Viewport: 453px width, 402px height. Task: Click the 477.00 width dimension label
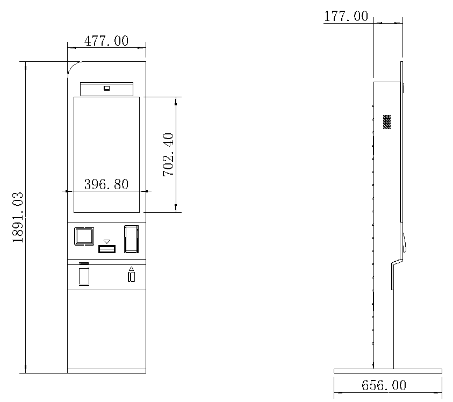coord(106,41)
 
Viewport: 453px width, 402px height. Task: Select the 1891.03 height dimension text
coord(18,217)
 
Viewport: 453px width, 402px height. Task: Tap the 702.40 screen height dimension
coord(168,155)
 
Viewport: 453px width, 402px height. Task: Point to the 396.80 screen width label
coord(106,184)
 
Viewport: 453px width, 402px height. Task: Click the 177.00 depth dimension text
coord(346,16)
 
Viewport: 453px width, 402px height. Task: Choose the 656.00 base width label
coord(384,385)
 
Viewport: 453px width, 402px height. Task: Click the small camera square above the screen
coord(106,88)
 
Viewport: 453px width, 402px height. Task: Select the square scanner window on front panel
coord(84,236)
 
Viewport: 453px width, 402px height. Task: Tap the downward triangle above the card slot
coord(106,242)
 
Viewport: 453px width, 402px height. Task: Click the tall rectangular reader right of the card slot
coord(132,239)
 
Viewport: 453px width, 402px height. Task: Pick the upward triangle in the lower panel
coord(132,269)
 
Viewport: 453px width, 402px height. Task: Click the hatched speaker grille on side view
coord(387,121)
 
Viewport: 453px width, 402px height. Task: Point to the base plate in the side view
coord(388,371)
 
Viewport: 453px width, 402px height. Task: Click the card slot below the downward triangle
coord(107,249)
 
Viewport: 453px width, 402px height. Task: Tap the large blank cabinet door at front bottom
coord(106,329)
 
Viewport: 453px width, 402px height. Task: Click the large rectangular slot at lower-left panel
coord(84,277)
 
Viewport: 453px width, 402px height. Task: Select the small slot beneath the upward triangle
coord(132,277)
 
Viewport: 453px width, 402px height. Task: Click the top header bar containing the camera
coord(106,89)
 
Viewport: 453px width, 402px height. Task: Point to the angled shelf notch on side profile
coord(397,262)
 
